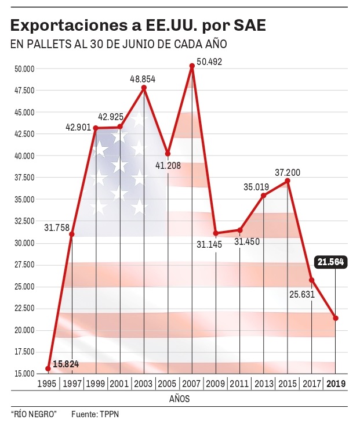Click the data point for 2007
192,66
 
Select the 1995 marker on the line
48,368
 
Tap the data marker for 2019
336,318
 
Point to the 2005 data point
168,154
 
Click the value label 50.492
210,61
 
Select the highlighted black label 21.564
330,262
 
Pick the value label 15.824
66,364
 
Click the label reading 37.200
288,173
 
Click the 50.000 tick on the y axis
25,68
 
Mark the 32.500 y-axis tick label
25,221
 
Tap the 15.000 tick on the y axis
25,374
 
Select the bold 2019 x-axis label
336,384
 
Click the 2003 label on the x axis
144,384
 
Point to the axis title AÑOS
179,399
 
